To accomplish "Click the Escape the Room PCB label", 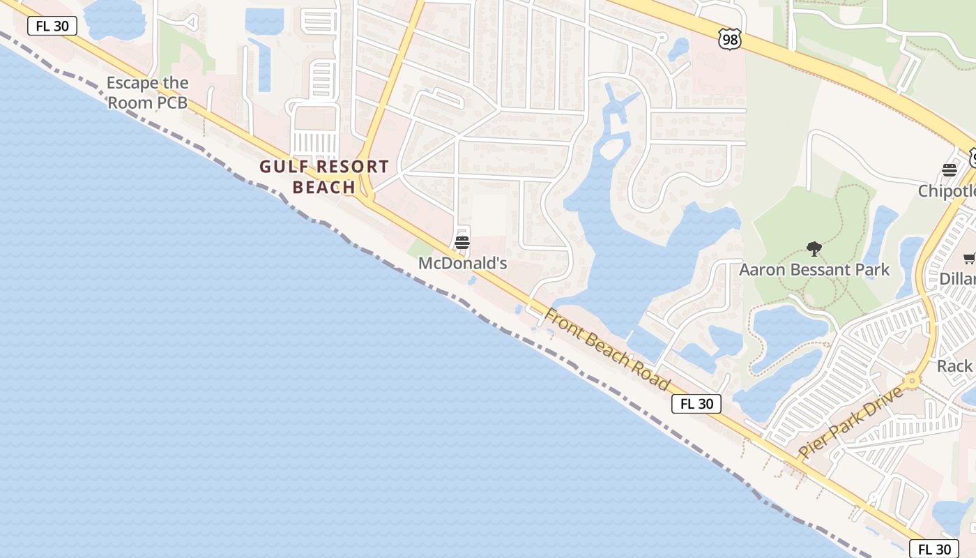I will coord(147,93).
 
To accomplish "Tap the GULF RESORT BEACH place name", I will coord(324,176).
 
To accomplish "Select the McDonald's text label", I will coord(462,264).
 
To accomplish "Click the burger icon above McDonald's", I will coord(462,243).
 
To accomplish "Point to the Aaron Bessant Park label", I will coord(814,269).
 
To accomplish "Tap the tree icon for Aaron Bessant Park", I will coord(814,249).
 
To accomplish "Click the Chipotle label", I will coord(947,191).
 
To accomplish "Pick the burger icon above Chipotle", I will coord(949,169).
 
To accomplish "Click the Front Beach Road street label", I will coord(607,350).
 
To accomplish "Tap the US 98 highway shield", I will coord(729,40).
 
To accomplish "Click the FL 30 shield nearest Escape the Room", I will coord(52,27).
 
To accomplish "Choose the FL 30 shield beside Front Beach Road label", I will coord(696,404).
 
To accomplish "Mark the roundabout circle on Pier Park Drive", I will coord(912,382).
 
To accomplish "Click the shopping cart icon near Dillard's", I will coord(969,259).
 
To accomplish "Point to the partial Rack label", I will coord(954,365).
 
